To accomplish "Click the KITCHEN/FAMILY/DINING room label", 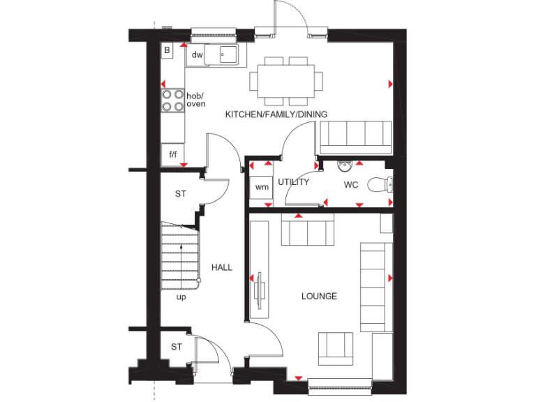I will (276, 114).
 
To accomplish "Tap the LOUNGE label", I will (319, 296).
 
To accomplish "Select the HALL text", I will (221, 267).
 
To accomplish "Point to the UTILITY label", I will (293, 182).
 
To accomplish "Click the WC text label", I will (350, 186).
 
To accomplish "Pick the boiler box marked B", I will (167, 50).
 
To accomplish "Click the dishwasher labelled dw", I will (197, 54).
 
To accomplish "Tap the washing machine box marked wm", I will (262, 187).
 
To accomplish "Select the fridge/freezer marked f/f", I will (172, 154).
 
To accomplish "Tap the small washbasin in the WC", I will (343, 165).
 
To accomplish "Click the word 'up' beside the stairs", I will (181, 297).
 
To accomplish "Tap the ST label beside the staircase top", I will (180, 193).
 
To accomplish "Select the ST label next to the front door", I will (177, 346).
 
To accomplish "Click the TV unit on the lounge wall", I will (260, 265).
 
